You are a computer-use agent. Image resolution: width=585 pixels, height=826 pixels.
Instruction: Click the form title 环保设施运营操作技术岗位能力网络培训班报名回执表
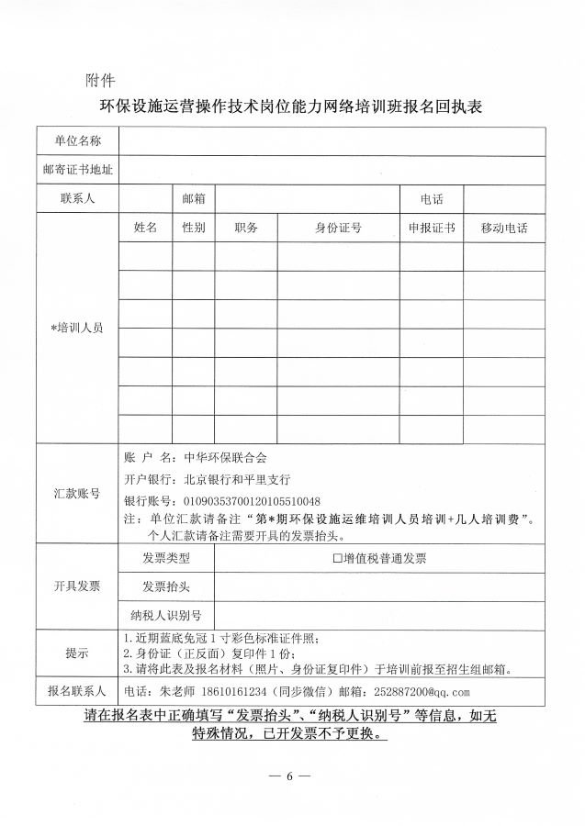pyautogui.click(x=291, y=106)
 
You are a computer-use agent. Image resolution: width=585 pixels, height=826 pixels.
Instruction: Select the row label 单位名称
pyautogui.click(x=77, y=140)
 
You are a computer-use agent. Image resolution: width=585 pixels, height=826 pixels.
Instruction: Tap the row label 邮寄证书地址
pyautogui.click(x=77, y=170)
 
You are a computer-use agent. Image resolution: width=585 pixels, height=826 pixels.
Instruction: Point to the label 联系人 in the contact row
pyautogui.click(x=77, y=198)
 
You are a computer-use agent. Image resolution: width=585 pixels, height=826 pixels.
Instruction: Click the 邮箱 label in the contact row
pyautogui.click(x=193, y=198)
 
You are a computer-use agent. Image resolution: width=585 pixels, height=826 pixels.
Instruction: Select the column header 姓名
pyautogui.click(x=145, y=228)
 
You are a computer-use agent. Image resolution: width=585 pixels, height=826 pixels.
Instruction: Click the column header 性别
pyautogui.click(x=193, y=228)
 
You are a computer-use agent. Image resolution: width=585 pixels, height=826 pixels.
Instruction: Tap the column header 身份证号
pyautogui.click(x=338, y=228)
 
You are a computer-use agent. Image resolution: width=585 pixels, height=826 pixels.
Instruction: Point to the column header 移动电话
pyautogui.click(x=503, y=228)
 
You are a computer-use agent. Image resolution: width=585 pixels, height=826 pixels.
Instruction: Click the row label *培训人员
pyautogui.click(x=77, y=328)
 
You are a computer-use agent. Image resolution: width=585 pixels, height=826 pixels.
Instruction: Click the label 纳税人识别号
pyautogui.click(x=166, y=614)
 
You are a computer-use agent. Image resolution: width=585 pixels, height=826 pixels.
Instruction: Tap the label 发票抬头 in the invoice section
pyautogui.click(x=166, y=586)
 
